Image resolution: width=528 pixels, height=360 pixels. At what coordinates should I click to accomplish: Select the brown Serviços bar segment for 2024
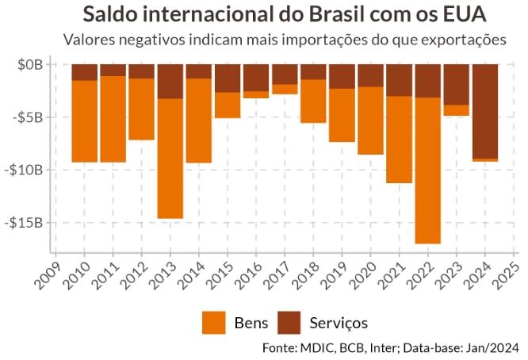pos(484,111)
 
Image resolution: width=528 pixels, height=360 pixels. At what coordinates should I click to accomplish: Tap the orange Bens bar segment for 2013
pos(170,159)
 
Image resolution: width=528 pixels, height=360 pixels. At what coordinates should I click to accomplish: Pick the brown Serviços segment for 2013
pos(170,81)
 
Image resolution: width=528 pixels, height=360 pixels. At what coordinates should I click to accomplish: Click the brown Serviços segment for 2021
pos(399,80)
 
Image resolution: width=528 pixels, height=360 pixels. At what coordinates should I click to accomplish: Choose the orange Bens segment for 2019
pos(342,115)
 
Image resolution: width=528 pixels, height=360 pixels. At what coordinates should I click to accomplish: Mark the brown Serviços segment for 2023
pos(456,84)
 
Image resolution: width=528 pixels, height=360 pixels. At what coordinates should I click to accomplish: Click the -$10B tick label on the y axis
pos(31,170)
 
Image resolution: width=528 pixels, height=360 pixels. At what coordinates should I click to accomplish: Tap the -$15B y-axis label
pos(31,223)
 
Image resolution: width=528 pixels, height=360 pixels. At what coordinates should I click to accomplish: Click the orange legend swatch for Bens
pos(214,322)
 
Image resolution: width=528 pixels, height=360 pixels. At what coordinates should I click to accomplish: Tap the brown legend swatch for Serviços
pos(293,322)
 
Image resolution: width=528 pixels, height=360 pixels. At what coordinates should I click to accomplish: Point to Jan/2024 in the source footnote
pos(493,347)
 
